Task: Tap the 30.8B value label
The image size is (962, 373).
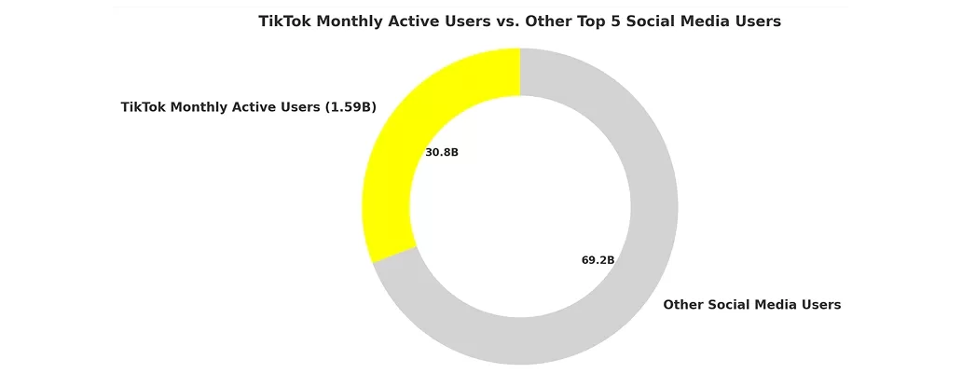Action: coord(442,152)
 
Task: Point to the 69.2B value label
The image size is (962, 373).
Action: coord(598,260)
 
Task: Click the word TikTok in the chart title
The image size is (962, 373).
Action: coord(285,21)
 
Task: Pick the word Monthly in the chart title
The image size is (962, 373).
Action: coord(350,21)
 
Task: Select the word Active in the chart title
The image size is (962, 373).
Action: coord(417,21)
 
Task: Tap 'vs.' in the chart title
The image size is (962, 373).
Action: coord(504,21)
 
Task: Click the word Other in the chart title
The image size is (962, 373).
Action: coord(549,21)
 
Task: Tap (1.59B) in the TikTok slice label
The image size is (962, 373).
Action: coord(350,107)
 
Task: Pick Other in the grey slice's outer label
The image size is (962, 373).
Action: coord(683,305)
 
